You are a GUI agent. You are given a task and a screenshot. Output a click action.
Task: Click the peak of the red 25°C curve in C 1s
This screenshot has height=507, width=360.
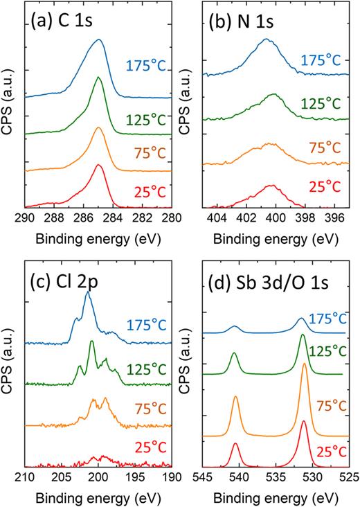[x=99, y=165]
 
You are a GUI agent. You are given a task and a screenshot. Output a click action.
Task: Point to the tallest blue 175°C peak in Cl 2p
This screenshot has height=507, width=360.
[x=88, y=292]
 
